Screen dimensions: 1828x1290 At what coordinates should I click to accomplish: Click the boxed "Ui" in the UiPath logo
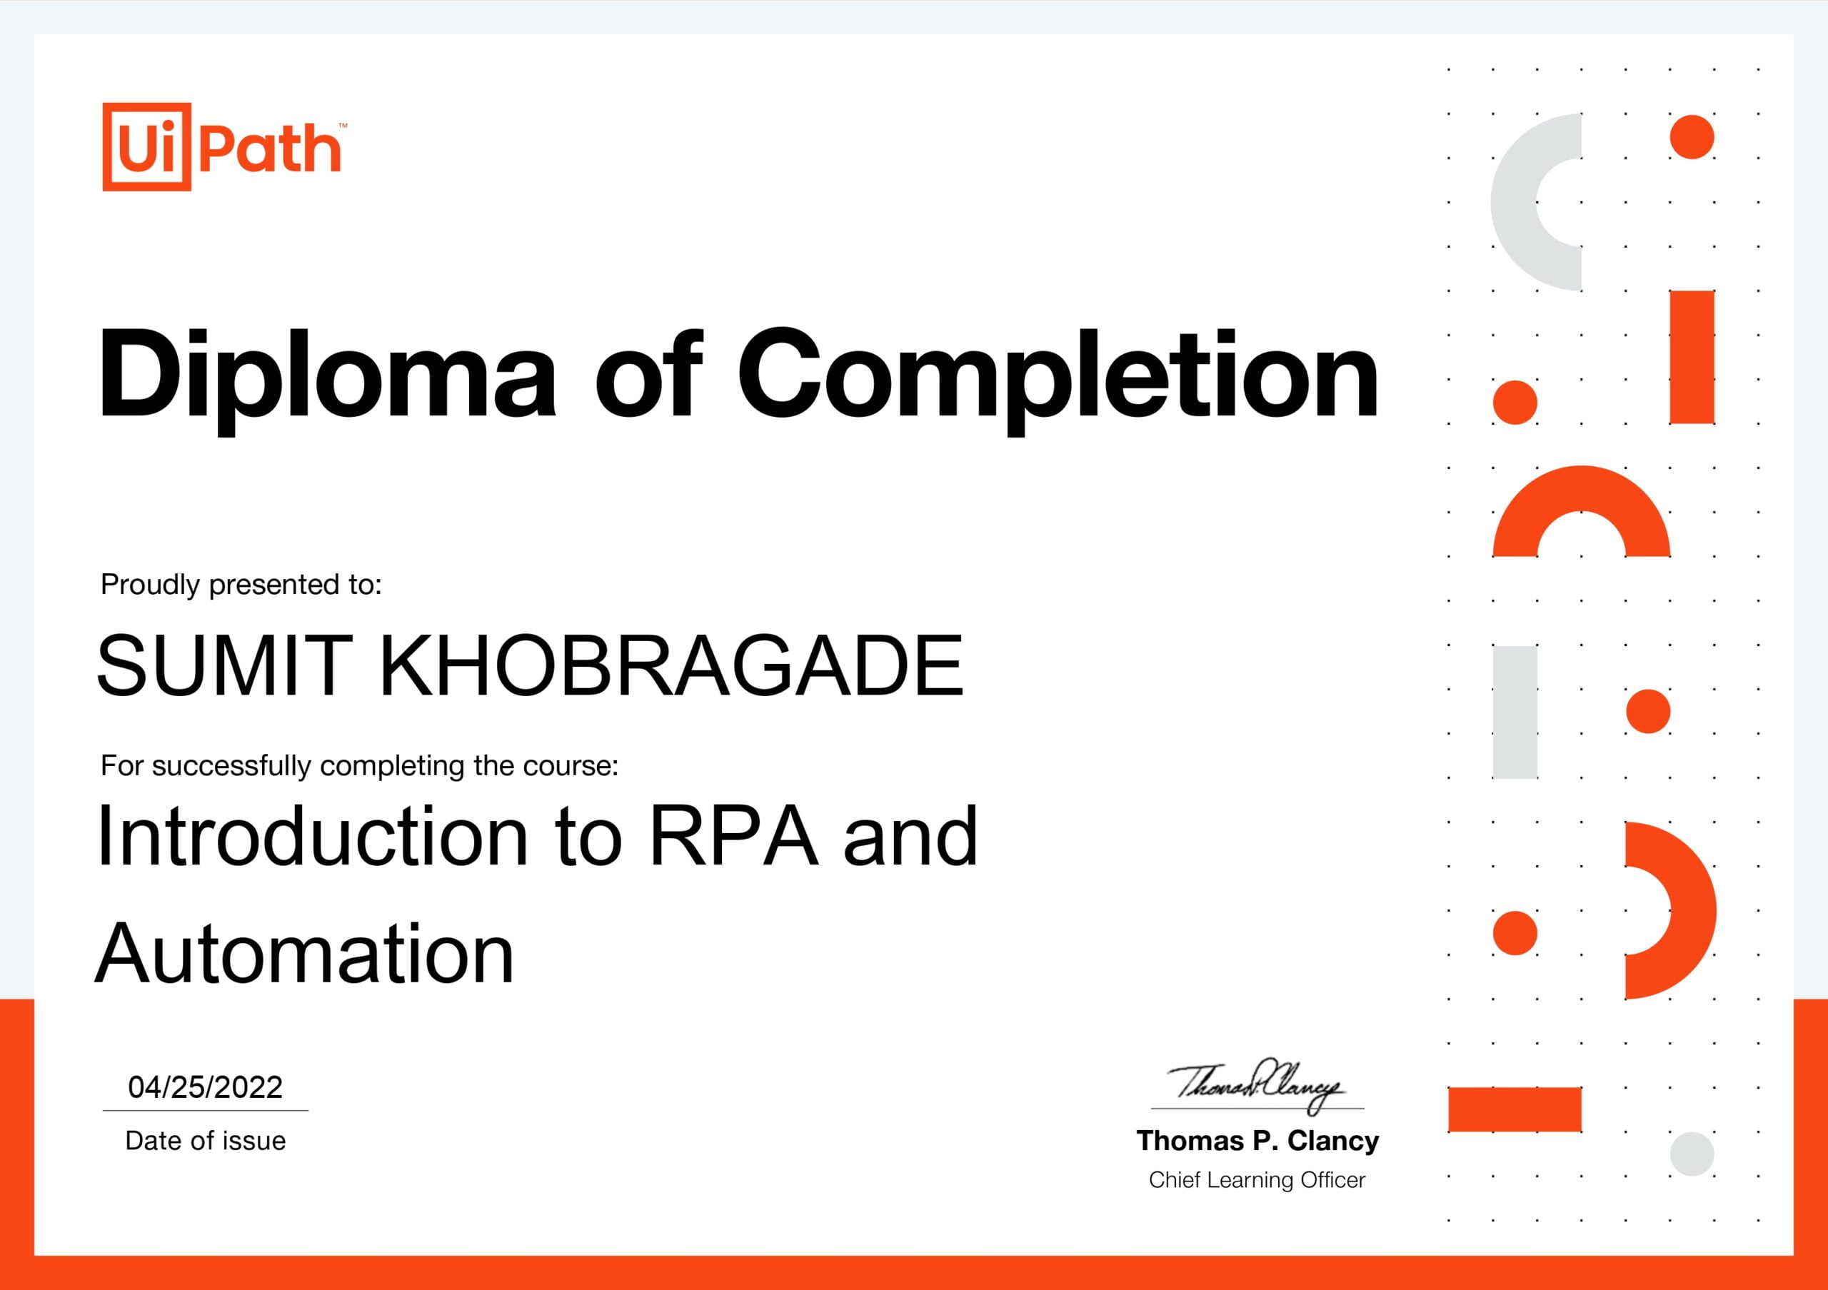pyautogui.click(x=147, y=146)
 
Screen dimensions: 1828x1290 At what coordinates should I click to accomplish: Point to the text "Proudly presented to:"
pyautogui.click(x=241, y=585)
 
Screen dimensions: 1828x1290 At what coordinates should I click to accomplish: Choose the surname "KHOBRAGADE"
pyautogui.click(x=671, y=665)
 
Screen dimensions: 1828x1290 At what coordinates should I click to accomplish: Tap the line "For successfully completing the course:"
pyautogui.click(x=359, y=765)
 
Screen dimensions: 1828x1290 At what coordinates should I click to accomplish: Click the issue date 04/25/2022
pyautogui.click(x=206, y=1087)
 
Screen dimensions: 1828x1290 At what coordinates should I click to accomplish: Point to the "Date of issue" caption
pyautogui.click(x=206, y=1140)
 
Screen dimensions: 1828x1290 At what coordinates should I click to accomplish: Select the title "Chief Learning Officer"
pyautogui.click(x=1257, y=1179)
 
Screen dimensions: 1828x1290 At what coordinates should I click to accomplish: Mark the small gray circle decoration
pyautogui.click(x=1692, y=1153)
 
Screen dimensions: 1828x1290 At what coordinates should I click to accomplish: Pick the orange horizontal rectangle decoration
pyautogui.click(x=1515, y=1109)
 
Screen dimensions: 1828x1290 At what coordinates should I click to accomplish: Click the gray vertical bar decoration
pyautogui.click(x=1515, y=712)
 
